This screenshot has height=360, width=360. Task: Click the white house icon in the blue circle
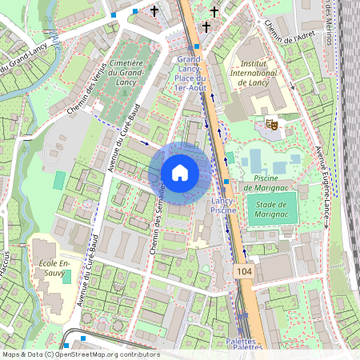[x=179, y=173]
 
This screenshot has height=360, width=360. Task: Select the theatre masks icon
[x=271, y=124]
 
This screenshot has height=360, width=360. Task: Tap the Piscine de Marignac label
[x=270, y=182]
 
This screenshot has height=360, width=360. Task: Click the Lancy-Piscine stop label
[x=223, y=204]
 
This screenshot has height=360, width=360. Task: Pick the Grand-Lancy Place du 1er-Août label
[x=191, y=74]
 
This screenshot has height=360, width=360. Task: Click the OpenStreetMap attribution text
[x=81, y=354]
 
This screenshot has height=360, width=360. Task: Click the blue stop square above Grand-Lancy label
[x=197, y=46]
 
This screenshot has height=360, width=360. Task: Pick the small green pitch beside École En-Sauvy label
[x=66, y=277]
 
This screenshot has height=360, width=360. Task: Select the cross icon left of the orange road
[x=154, y=11]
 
